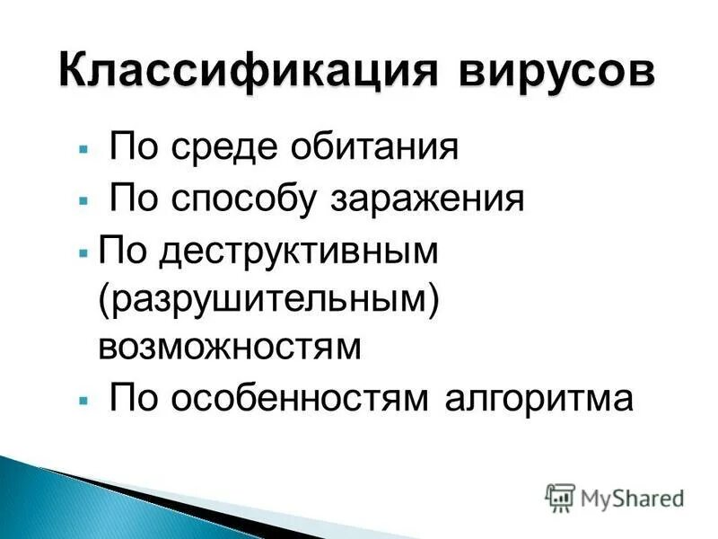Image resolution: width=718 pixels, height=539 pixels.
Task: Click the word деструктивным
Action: [x=297, y=251]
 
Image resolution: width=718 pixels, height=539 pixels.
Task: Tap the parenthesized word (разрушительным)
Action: [x=268, y=300]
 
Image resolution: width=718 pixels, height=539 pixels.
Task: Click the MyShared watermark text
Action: [x=632, y=497]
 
